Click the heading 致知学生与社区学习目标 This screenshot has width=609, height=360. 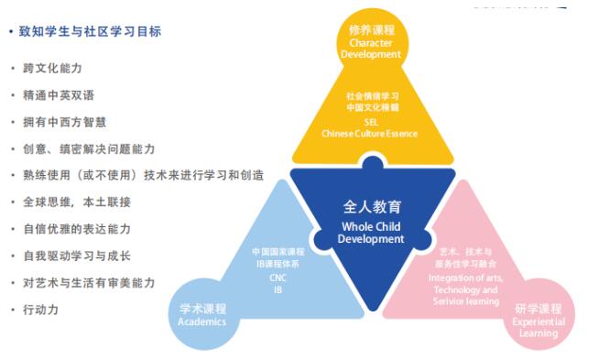point(90,32)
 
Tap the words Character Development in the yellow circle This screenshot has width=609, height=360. point(371,49)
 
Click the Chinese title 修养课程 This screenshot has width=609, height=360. point(371,29)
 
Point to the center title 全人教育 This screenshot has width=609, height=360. point(372,207)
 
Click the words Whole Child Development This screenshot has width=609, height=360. point(371,233)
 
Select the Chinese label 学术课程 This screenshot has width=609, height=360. point(202,309)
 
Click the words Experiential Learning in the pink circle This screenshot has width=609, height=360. point(538,328)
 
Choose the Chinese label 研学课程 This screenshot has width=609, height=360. point(538,309)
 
